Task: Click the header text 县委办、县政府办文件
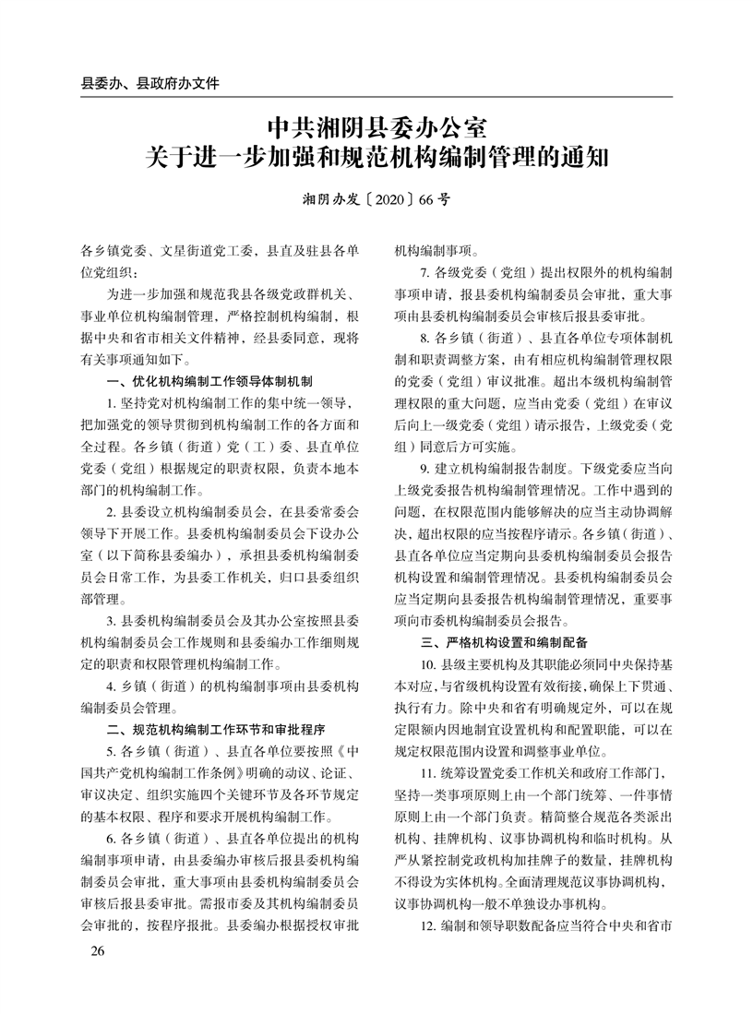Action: pos(150,83)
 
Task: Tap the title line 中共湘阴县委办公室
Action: pos(376,126)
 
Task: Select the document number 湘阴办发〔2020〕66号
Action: pos(376,198)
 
